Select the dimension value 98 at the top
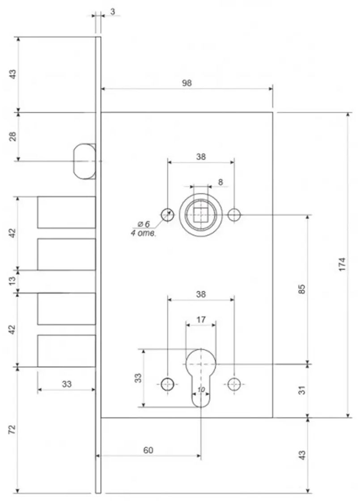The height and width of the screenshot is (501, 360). (186, 83)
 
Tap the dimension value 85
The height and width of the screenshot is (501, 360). (302, 289)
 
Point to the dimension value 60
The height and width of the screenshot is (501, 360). (148, 450)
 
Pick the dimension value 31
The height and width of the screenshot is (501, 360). (302, 390)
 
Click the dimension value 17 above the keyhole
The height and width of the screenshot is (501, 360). (201, 320)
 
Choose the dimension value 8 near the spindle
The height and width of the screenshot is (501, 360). (220, 182)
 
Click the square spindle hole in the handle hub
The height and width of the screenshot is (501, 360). (200, 214)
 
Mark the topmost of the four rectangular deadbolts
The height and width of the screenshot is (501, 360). (66, 212)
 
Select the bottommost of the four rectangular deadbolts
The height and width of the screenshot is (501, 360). (66, 351)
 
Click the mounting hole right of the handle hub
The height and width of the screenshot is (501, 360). (234, 215)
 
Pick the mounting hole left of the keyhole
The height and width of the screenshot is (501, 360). (167, 384)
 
